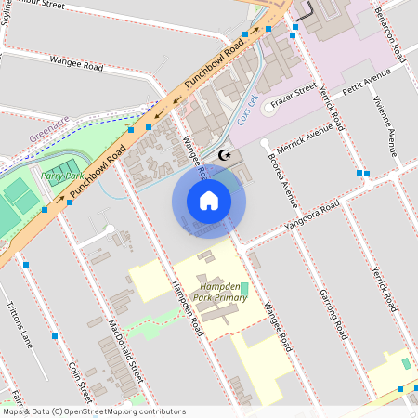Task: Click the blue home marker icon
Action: tap(209, 200)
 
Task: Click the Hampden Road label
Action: tap(187, 310)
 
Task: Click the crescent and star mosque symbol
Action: tap(223, 154)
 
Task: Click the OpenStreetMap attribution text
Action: tap(82, 411)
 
